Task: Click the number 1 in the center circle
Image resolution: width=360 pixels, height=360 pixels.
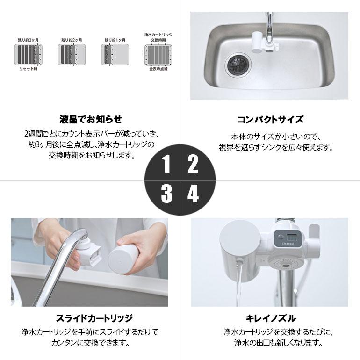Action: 166,165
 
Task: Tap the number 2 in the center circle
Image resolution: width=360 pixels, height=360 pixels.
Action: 193,165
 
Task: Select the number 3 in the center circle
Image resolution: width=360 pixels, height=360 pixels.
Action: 166,194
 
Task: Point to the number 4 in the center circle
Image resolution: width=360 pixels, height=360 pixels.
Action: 193,194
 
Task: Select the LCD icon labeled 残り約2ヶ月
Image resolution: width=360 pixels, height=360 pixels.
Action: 71,55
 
